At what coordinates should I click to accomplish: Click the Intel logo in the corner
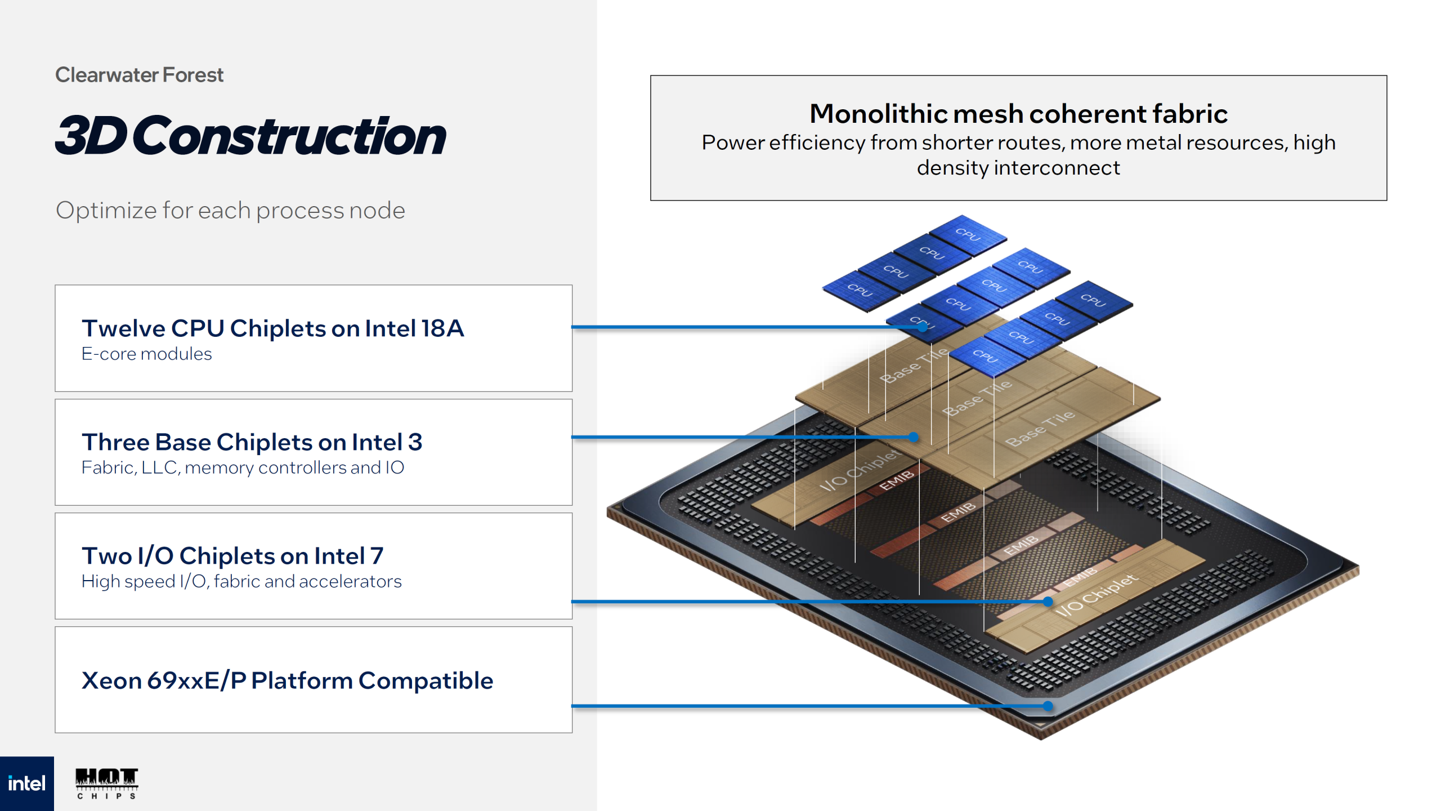coord(26,783)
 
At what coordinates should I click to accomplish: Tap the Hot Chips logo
coord(106,783)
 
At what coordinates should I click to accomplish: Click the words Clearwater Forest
coord(139,75)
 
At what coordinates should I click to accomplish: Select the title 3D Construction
coord(250,136)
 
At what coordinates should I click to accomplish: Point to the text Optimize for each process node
coord(230,211)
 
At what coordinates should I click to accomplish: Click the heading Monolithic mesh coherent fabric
coord(1018,114)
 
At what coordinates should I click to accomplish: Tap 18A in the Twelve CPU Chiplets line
coord(442,328)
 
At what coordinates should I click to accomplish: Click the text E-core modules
coord(146,354)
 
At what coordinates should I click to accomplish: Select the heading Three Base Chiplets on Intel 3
coord(252,442)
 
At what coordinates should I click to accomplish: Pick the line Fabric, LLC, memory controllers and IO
coord(243,467)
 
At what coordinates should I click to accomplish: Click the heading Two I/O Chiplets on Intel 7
coord(232,556)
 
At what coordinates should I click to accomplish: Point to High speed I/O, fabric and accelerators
coord(241,581)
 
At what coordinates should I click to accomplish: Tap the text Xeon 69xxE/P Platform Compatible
coord(287,680)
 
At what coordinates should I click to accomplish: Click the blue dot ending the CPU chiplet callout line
coord(923,327)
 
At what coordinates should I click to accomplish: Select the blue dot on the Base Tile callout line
coord(914,437)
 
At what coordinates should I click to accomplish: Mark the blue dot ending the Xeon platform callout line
coord(1048,706)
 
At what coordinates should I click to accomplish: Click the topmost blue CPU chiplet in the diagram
coord(968,233)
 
